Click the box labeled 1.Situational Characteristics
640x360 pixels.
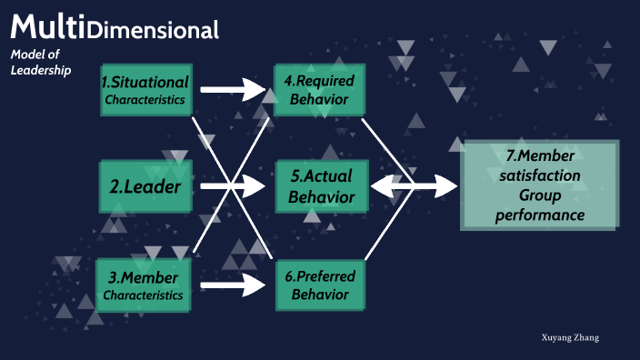click(145, 89)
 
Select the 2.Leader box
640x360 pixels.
click(145, 188)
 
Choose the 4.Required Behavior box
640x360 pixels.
click(320, 89)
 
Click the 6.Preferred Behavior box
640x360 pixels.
click(320, 284)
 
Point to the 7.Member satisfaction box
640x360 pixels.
click(539, 185)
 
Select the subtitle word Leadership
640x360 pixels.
click(40, 71)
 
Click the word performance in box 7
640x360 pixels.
click(540, 215)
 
